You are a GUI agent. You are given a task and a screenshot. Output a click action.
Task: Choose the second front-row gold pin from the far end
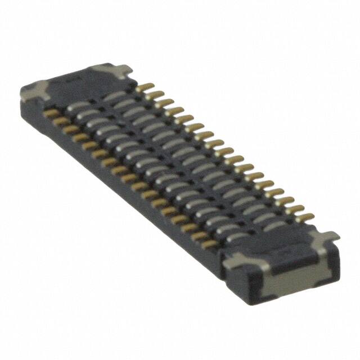[58, 118]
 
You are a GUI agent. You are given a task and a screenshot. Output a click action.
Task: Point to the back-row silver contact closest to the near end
[276, 225]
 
